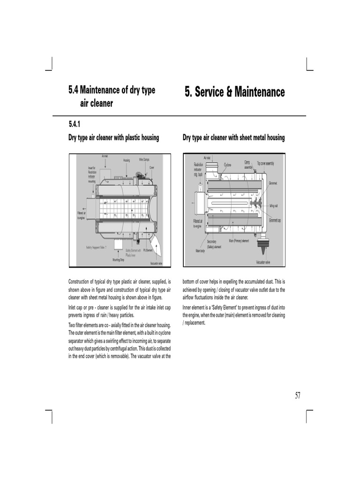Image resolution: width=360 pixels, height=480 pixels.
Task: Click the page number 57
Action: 298,395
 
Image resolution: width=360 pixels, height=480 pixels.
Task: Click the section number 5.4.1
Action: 75,124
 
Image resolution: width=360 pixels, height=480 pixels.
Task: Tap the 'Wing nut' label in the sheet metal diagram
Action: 274,206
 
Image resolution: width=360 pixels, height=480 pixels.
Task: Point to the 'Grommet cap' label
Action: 275,220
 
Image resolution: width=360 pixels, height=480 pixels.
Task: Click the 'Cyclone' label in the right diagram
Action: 227,165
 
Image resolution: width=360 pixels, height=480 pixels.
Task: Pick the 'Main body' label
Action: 201,251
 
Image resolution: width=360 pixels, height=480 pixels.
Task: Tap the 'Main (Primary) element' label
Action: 239,241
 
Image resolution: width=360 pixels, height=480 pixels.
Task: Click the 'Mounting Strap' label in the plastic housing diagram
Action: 119,259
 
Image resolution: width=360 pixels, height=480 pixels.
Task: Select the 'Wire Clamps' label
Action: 144,160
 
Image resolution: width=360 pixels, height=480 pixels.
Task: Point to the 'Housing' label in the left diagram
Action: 127,160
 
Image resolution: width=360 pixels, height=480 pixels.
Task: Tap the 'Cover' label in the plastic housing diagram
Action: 152,167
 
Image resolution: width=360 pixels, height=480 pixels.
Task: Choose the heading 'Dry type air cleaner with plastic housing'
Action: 114,137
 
